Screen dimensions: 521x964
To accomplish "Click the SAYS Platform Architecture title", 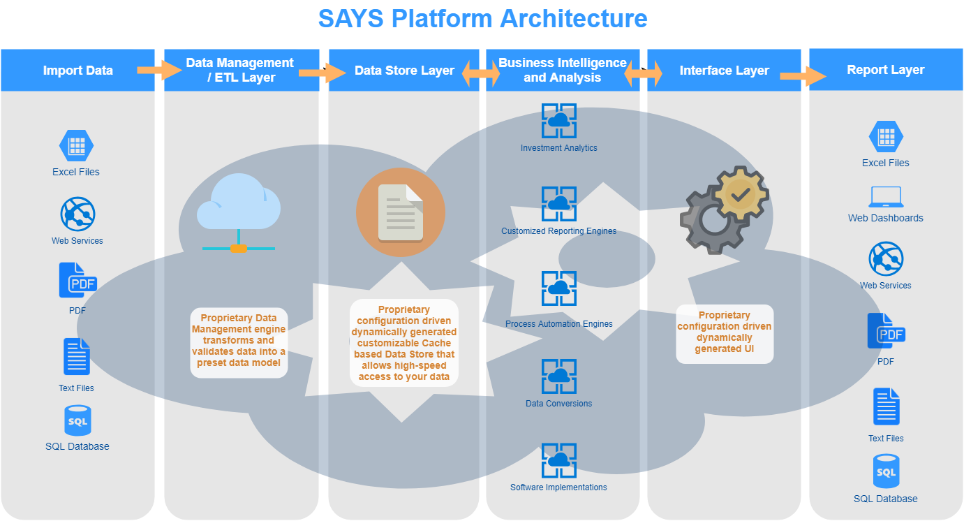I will pos(482,18).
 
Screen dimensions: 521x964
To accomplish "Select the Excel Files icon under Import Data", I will pos(76,146).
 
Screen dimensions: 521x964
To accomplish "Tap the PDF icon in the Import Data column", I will pos(77,281).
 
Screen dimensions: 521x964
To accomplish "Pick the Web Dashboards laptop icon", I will pos(886,198).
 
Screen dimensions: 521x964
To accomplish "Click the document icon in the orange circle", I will pos(401,212).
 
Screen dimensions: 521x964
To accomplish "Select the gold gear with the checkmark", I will pos(741,194).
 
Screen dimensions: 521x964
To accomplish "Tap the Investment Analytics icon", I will pos(559,122).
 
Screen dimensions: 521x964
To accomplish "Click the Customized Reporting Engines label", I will pos(559,231).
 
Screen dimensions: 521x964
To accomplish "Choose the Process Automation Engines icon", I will pos(559,288).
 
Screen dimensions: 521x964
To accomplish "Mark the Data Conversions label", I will pos(559,404).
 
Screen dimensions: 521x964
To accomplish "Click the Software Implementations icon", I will pos(559,460).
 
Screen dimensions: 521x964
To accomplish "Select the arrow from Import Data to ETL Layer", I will pos(159,70).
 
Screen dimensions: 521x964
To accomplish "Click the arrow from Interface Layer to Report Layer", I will pos(802,76).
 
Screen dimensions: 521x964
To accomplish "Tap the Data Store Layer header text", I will pos(404,71).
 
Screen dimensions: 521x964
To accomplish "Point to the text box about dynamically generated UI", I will pos(725,333).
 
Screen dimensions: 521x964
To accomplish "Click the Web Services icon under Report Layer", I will pos(886,258).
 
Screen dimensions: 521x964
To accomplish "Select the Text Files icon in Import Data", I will pos(77,357).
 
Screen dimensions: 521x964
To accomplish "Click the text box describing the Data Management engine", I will pos(239,342).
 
